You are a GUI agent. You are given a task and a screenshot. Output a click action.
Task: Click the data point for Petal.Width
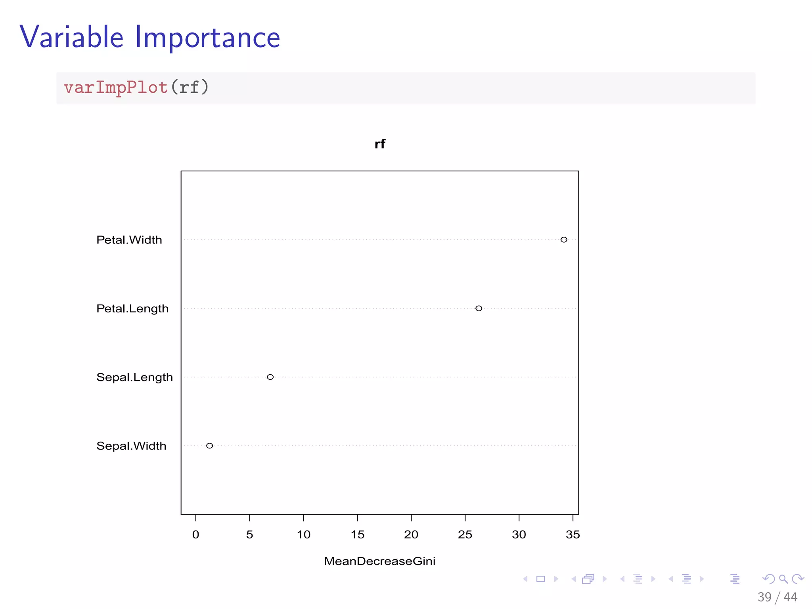pyautogui.click(x=563, y=239)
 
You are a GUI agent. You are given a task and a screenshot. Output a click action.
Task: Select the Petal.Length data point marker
pyautogui.click(x=479, y=308)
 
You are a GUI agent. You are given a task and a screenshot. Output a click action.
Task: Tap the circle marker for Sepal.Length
pyautogui.click(x=270, y=377)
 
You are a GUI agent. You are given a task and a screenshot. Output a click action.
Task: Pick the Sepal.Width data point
pyautogui.click(x=209, y=446)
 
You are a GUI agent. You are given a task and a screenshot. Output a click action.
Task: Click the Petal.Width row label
pyautogui.click(x=129, y=240)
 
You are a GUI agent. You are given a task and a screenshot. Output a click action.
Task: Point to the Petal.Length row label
pyautogui.click(x=132, y=308)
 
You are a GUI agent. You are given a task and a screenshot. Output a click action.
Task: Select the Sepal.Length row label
pyautogui.click(x=134, y=377)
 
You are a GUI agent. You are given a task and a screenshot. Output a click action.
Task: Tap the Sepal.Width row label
pyautogui.click(x=131, y=446)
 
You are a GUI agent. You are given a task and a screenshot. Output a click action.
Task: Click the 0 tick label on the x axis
pyautogui.click(x=195, y=534)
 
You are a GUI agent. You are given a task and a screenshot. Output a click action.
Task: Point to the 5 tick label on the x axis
pyautogui.click(x=249, y=534)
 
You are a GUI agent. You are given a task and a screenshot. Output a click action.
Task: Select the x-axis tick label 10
pyautogui.click(x=304, y=534)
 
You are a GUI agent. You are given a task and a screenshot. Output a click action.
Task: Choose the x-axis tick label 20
pyautogui.click(x=411, y=534)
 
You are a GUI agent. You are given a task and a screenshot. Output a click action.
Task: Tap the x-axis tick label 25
pyautogui.click(x=465, y=534)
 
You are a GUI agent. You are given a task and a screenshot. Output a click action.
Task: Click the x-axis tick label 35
pyautogui.click(x=573, y=534)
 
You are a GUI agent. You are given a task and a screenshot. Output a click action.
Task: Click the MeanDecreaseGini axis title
pyautogui.click(x=379, y=561)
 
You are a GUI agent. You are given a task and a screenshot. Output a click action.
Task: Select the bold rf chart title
pyautogui.click(x=380, y=144)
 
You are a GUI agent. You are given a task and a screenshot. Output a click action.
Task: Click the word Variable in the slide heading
pyautogui.click(x=72, y=37)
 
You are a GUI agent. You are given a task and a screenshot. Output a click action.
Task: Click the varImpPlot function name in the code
pyautogui.click(x=116, y=88)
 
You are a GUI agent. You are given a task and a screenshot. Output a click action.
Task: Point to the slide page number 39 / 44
pyautogui.click(x=777, y=597)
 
